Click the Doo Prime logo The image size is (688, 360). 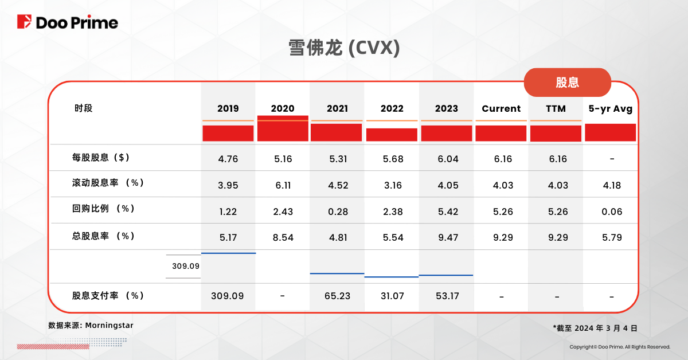(x=68, y=22)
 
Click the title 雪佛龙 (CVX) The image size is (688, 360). (x=343, y=48)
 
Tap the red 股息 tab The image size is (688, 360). (x=567, y=82)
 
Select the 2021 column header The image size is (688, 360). (x=337, y=108)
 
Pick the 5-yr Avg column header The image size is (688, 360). (x=611, y=108)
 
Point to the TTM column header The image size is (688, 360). (x=556, y=108)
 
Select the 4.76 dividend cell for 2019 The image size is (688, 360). (x=228, y=159)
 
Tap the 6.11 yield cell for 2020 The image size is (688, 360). (x=283, y=185)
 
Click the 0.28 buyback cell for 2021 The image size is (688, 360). (x=337, y=212)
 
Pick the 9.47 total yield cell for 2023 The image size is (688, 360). (x=447, y=237)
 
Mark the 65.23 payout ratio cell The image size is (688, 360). (x=337, y=296)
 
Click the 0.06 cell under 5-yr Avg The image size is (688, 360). (x=612, y=212)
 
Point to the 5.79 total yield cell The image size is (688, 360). (x=612, y=237)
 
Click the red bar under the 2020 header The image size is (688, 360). (x=283, y=128)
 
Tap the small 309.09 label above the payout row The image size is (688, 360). (x=185, y=266)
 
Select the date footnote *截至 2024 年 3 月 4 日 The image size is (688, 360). (x=595, y=328)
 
